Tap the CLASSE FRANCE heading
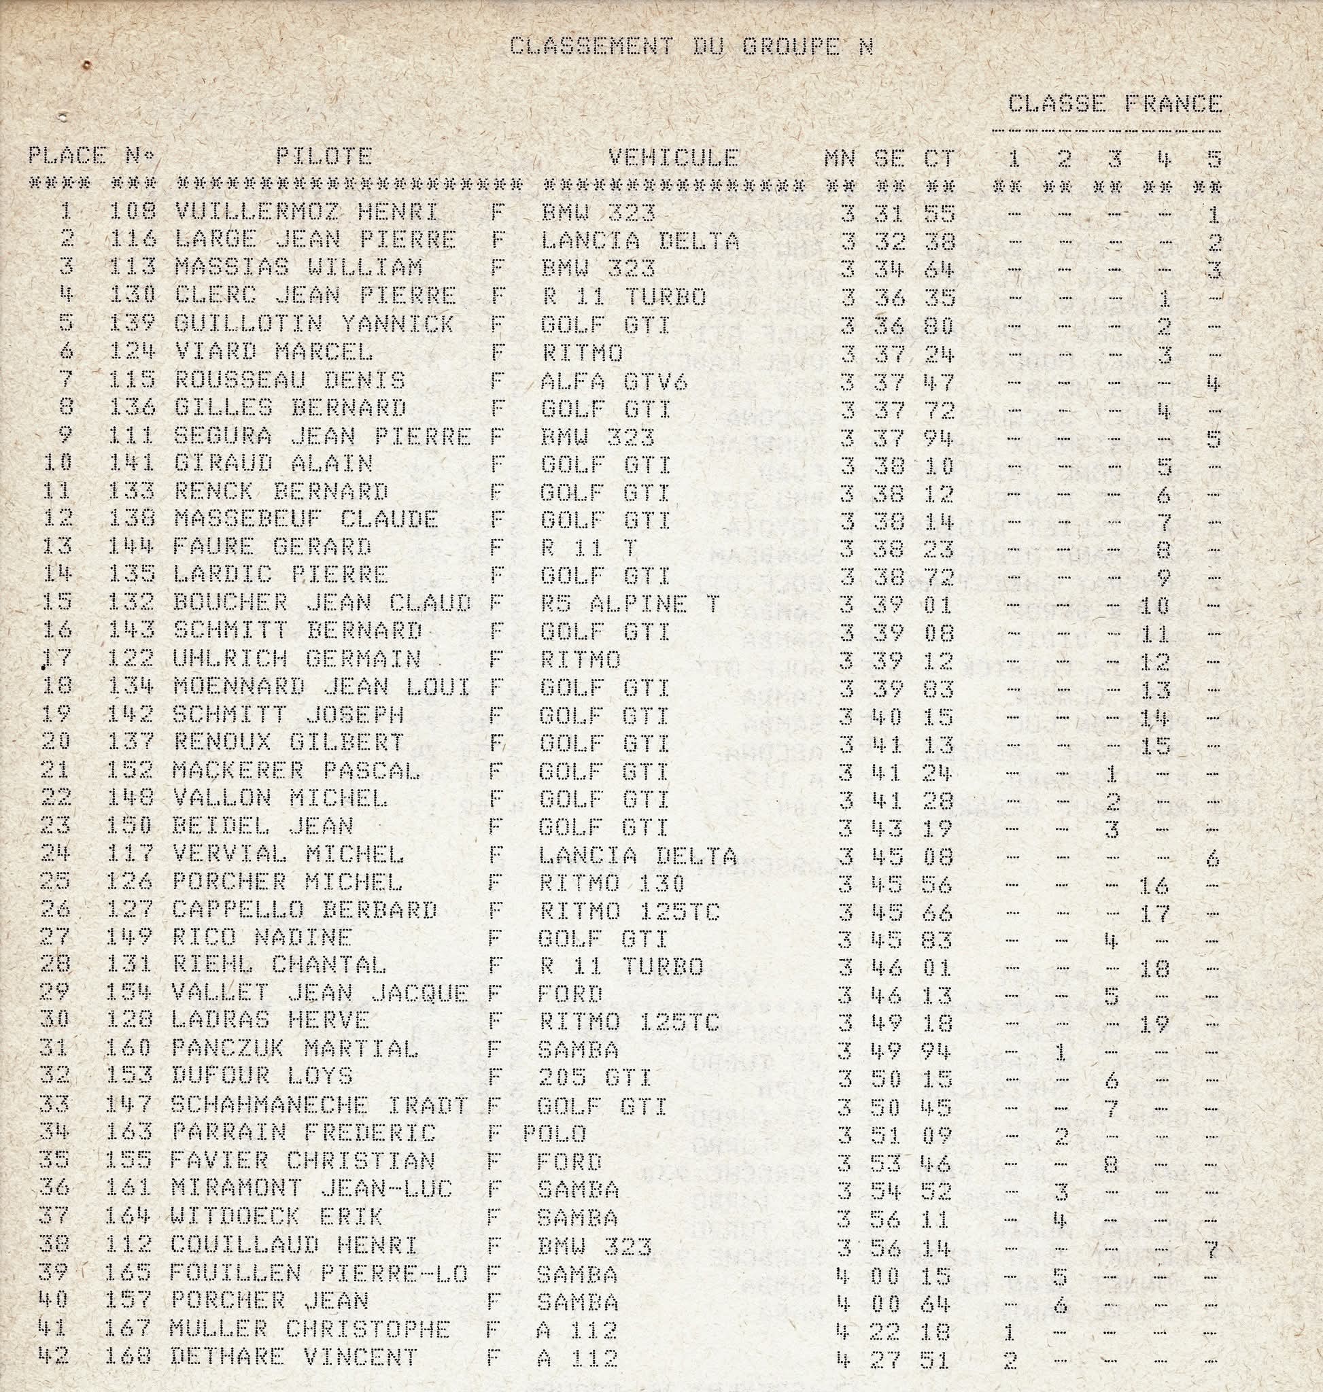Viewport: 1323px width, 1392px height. pyautogui.click(x=1114, y=105)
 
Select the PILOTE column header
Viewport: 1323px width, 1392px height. pyautogui.click(x=324, y=156)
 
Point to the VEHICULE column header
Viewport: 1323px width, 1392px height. pyautogui.click(x=673, y=156)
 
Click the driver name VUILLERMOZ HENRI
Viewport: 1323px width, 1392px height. pyautogui.click(x=306, y=211)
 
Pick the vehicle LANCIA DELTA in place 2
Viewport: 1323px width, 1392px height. pyautogui.click(x=640, y=241)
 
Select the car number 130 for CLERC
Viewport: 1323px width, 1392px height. pyautogui.click(x=132, y=296)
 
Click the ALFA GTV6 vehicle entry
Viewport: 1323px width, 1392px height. pyautogui.click(x=613, y=381)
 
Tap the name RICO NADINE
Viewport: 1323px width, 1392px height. pyautogui.click(x=262, y=937)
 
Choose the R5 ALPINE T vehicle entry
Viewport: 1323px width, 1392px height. pyautogui.click(x=630, y=604)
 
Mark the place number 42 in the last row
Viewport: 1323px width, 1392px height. pyautogui.click(x=53, y=1357)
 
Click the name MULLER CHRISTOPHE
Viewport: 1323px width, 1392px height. pyautogui.click(x=309, y=1329)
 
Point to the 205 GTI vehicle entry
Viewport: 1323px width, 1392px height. pyautogui.click(x=594, y=1077)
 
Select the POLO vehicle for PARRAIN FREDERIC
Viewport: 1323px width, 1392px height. pyautogui.click(x=554, y=1133)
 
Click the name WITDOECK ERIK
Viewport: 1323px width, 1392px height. pyautogui.click(x=277, y=1217)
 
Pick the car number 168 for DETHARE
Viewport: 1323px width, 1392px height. pyautogui.click(x=128, y=1357)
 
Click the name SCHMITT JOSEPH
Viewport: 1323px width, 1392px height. pyautogui.click(x=288, y=715)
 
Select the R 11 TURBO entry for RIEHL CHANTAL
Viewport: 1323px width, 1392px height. pyautogui.click(x=621, y=966)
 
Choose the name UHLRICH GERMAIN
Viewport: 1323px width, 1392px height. pyautogui.click(x=297, y=659)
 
